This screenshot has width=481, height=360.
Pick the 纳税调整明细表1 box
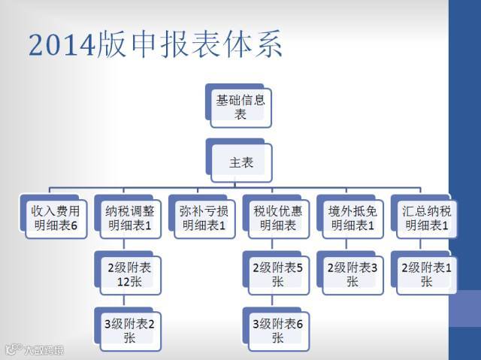click(x=129, y=217)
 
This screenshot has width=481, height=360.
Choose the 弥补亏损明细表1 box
click(x=202, y=217)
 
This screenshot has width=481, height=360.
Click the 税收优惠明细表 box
click(x=277, y=217)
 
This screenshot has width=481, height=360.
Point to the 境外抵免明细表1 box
click(x=351, y=217)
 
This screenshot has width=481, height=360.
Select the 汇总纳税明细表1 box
click(x=425, y=217)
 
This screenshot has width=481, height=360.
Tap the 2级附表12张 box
click(x=129, y=274)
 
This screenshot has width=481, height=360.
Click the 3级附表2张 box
click(x=129, y=330)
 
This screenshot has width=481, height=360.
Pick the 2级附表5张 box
click(x=277, y=274)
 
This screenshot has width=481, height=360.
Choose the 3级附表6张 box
click(x=277, y=330)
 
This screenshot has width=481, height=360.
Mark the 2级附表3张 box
click(x=351, y=274)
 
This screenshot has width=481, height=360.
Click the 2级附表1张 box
click(x=425, y=274)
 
